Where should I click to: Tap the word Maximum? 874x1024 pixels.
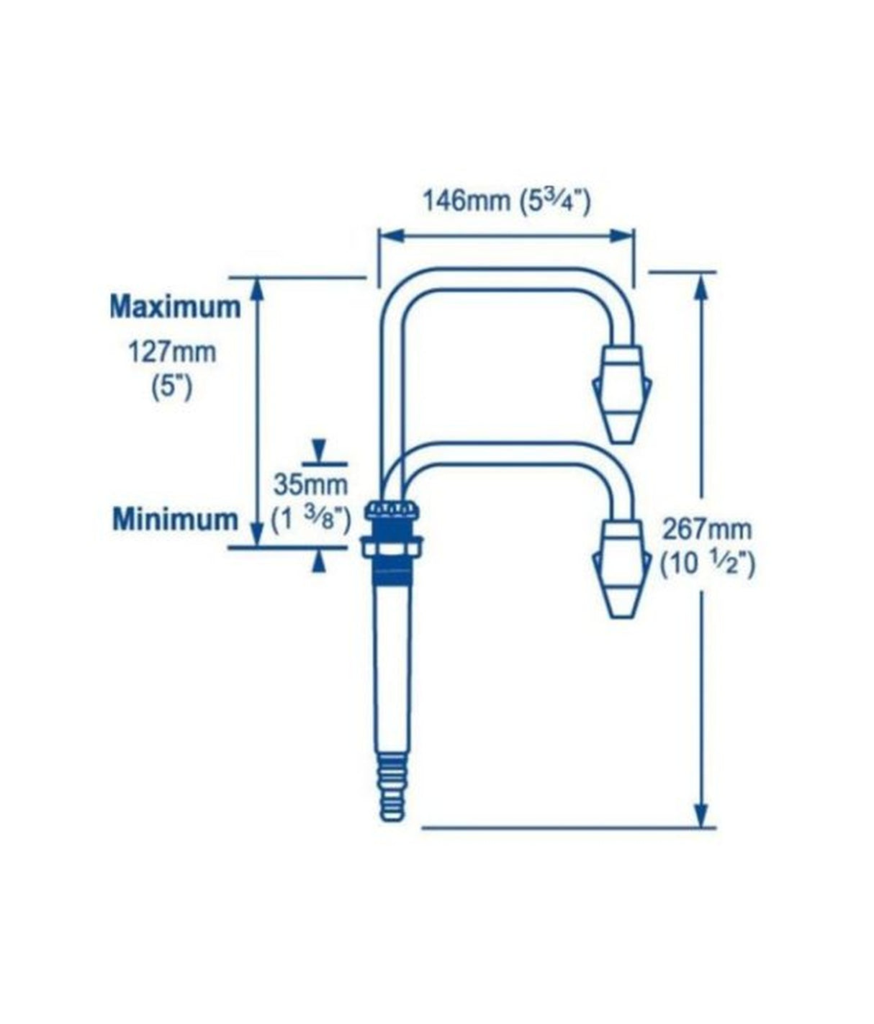[x=175, y=307]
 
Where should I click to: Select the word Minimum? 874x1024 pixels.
[x=174, y=519]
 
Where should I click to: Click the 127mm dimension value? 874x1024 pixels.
[x=171, y=353]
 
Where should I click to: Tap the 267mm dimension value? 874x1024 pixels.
[x=707, y=530]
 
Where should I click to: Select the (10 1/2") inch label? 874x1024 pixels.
[x=708, y=565]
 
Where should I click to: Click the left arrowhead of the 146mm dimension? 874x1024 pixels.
[x=389, y=235]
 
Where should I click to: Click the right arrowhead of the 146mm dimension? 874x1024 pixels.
[x=622, y=235]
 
